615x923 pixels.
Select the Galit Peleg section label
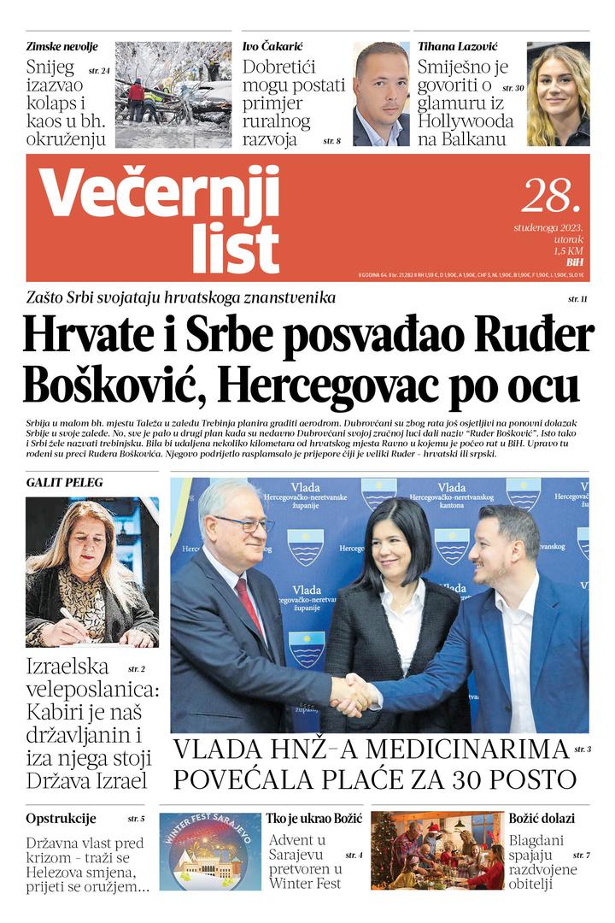(x=65, y=483)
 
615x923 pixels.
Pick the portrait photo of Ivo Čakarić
(x=381, y=94)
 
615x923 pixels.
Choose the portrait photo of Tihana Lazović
(x=558, y=94)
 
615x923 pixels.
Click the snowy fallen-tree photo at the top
(x=173, y=94)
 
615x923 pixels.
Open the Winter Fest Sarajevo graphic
(x=210, y=851)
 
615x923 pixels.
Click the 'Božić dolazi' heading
(x=542, y=818)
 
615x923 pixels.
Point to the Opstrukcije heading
(x=61, y=818)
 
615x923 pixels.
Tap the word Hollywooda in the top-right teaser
(x=466, y=121)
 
